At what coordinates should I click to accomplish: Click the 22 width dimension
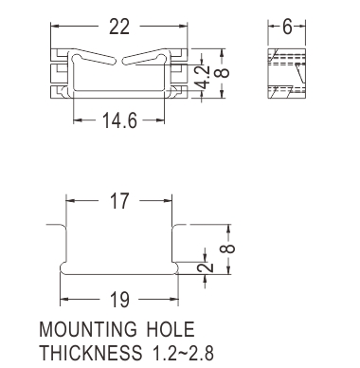[x=119, y=27]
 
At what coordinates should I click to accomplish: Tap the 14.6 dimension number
[x=119, y=120]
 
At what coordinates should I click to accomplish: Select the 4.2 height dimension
[x=202, y=77]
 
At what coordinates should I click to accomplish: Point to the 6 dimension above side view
[x=287, y=27]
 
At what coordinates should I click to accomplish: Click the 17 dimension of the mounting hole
[x=119, y=201]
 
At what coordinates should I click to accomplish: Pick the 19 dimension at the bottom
[x=119, y=300]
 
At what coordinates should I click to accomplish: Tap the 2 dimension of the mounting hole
[x=206, y=267]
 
